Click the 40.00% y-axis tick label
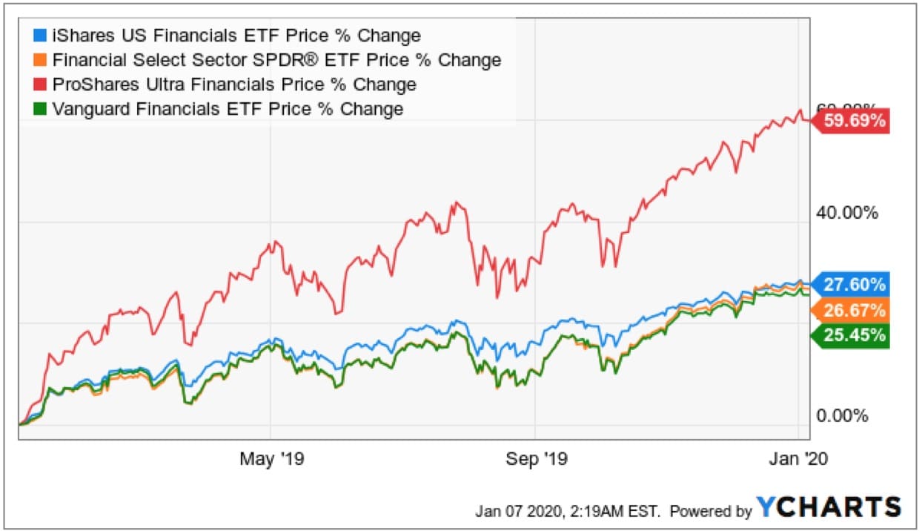[846, 213]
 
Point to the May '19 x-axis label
[271, 459]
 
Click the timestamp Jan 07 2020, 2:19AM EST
[571, 510]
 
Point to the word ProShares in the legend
[89, 85]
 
